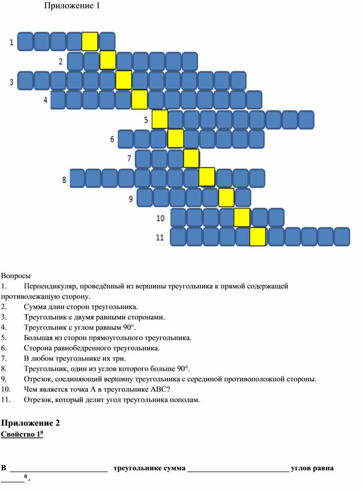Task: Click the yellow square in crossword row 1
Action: tap(90, 41)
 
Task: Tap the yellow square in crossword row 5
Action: tap(160, 119)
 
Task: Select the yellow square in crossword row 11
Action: tap(258, 236)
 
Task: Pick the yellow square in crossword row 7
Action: tap(191, 158)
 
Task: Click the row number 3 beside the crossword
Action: tap(12, 82)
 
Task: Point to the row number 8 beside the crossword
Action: tap(64, 180)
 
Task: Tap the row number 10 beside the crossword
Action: tap(161, 218)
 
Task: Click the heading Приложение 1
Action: tap(72, 6)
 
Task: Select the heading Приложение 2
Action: tap(30, 423)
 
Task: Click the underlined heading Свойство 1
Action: tap(22, 434)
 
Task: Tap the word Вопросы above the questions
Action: tap(16, 276)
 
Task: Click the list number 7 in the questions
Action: tap(4, 358)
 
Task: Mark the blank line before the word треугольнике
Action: tap(59, 471)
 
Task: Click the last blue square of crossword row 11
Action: tap(342, 236)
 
